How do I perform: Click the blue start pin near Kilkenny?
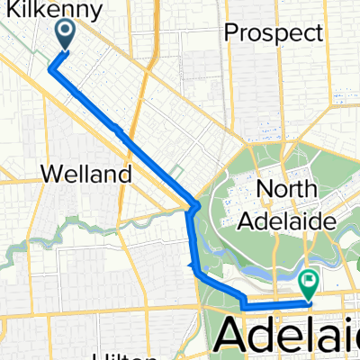click(x=67, y=33)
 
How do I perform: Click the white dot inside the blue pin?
click(x=67, y=30)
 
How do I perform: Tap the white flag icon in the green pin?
click(x=309, y=281)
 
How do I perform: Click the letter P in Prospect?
click(x=231, y=34)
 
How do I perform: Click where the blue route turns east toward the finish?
click(x=244, y=306)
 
